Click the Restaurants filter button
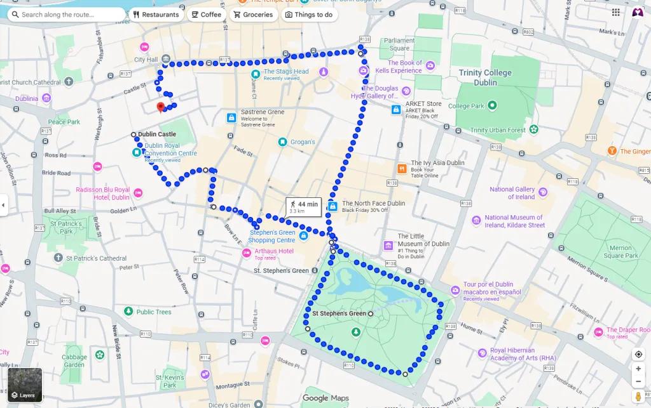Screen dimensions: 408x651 tap(156, 15)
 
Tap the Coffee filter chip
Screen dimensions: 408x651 tap(206, 15)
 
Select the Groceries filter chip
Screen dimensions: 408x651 tap(253, 15)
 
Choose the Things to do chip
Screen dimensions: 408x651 tap(308, 15)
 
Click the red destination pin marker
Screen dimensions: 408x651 tap(161, 107)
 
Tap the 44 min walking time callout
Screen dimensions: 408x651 tap(303, 206)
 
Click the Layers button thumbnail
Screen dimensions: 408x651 tap(24, 385)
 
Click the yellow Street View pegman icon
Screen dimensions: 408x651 tap(638, 397)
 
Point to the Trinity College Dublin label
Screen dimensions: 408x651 tap(486, 77)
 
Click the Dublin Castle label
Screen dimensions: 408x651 tap(157, 135)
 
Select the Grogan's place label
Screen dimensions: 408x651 tap(302, 142)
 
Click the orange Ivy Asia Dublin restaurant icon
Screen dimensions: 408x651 tap(402, 169)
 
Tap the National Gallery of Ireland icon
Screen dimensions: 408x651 tap(542, 192)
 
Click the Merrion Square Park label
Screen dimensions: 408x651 tap(620, 252)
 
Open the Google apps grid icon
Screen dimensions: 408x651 tap(615, 13)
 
